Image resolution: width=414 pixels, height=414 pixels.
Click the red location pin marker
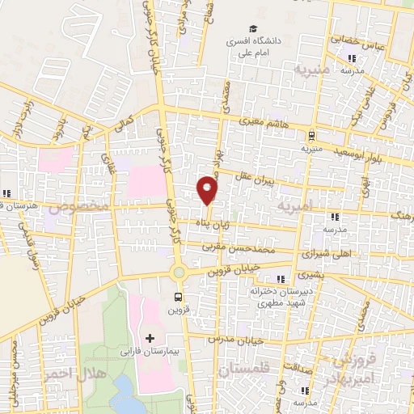pyautogui.click(x=208, y=189)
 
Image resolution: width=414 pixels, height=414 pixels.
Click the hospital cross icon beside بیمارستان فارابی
pyautogui.click(x=149, y=336)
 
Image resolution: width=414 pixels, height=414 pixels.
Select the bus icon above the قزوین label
pyautogui.click(x=178, y=297)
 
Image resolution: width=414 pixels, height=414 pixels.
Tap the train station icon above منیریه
pyautogui.click(x=311, y=136)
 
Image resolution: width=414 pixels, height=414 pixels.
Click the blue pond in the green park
pyautogui.click(x=125, y=396)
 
